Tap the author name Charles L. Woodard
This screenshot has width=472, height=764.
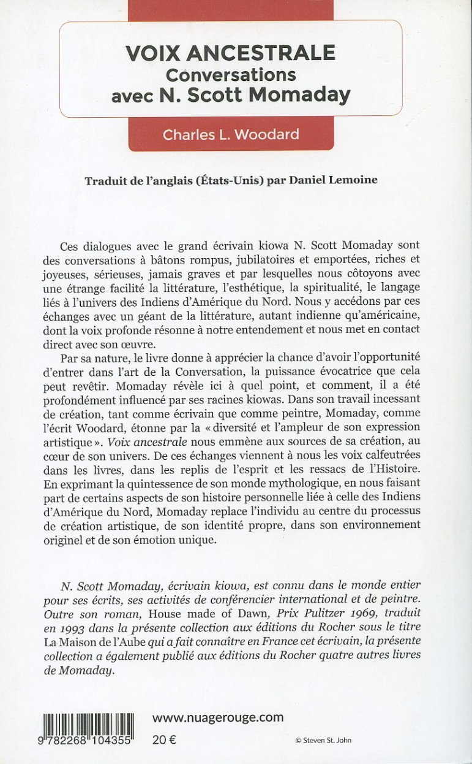point(230,135)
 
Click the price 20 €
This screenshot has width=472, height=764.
point(164,739)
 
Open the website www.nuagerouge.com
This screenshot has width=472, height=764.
point(217,717)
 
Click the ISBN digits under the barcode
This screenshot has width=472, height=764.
point(90,740)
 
